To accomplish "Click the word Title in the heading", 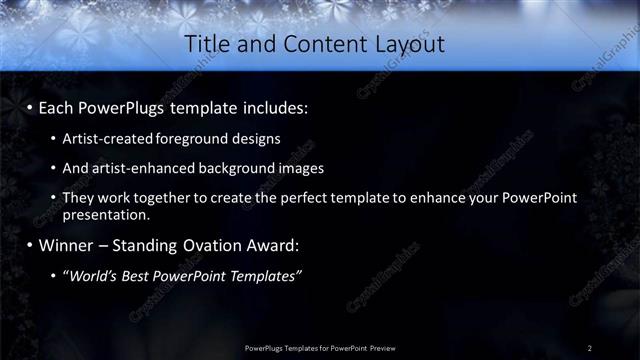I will (x=208, y=45).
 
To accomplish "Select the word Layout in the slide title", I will (x=409, y=45).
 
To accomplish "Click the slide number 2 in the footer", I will (x=589, y=347).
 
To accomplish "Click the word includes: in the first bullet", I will (x=278, y=105).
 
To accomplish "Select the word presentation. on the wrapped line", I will (x=106, y=214).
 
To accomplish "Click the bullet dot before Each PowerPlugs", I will (x=29, y=106).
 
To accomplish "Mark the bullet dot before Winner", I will (x=29, y=246).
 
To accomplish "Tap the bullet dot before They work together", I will (x=53, y=199).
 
